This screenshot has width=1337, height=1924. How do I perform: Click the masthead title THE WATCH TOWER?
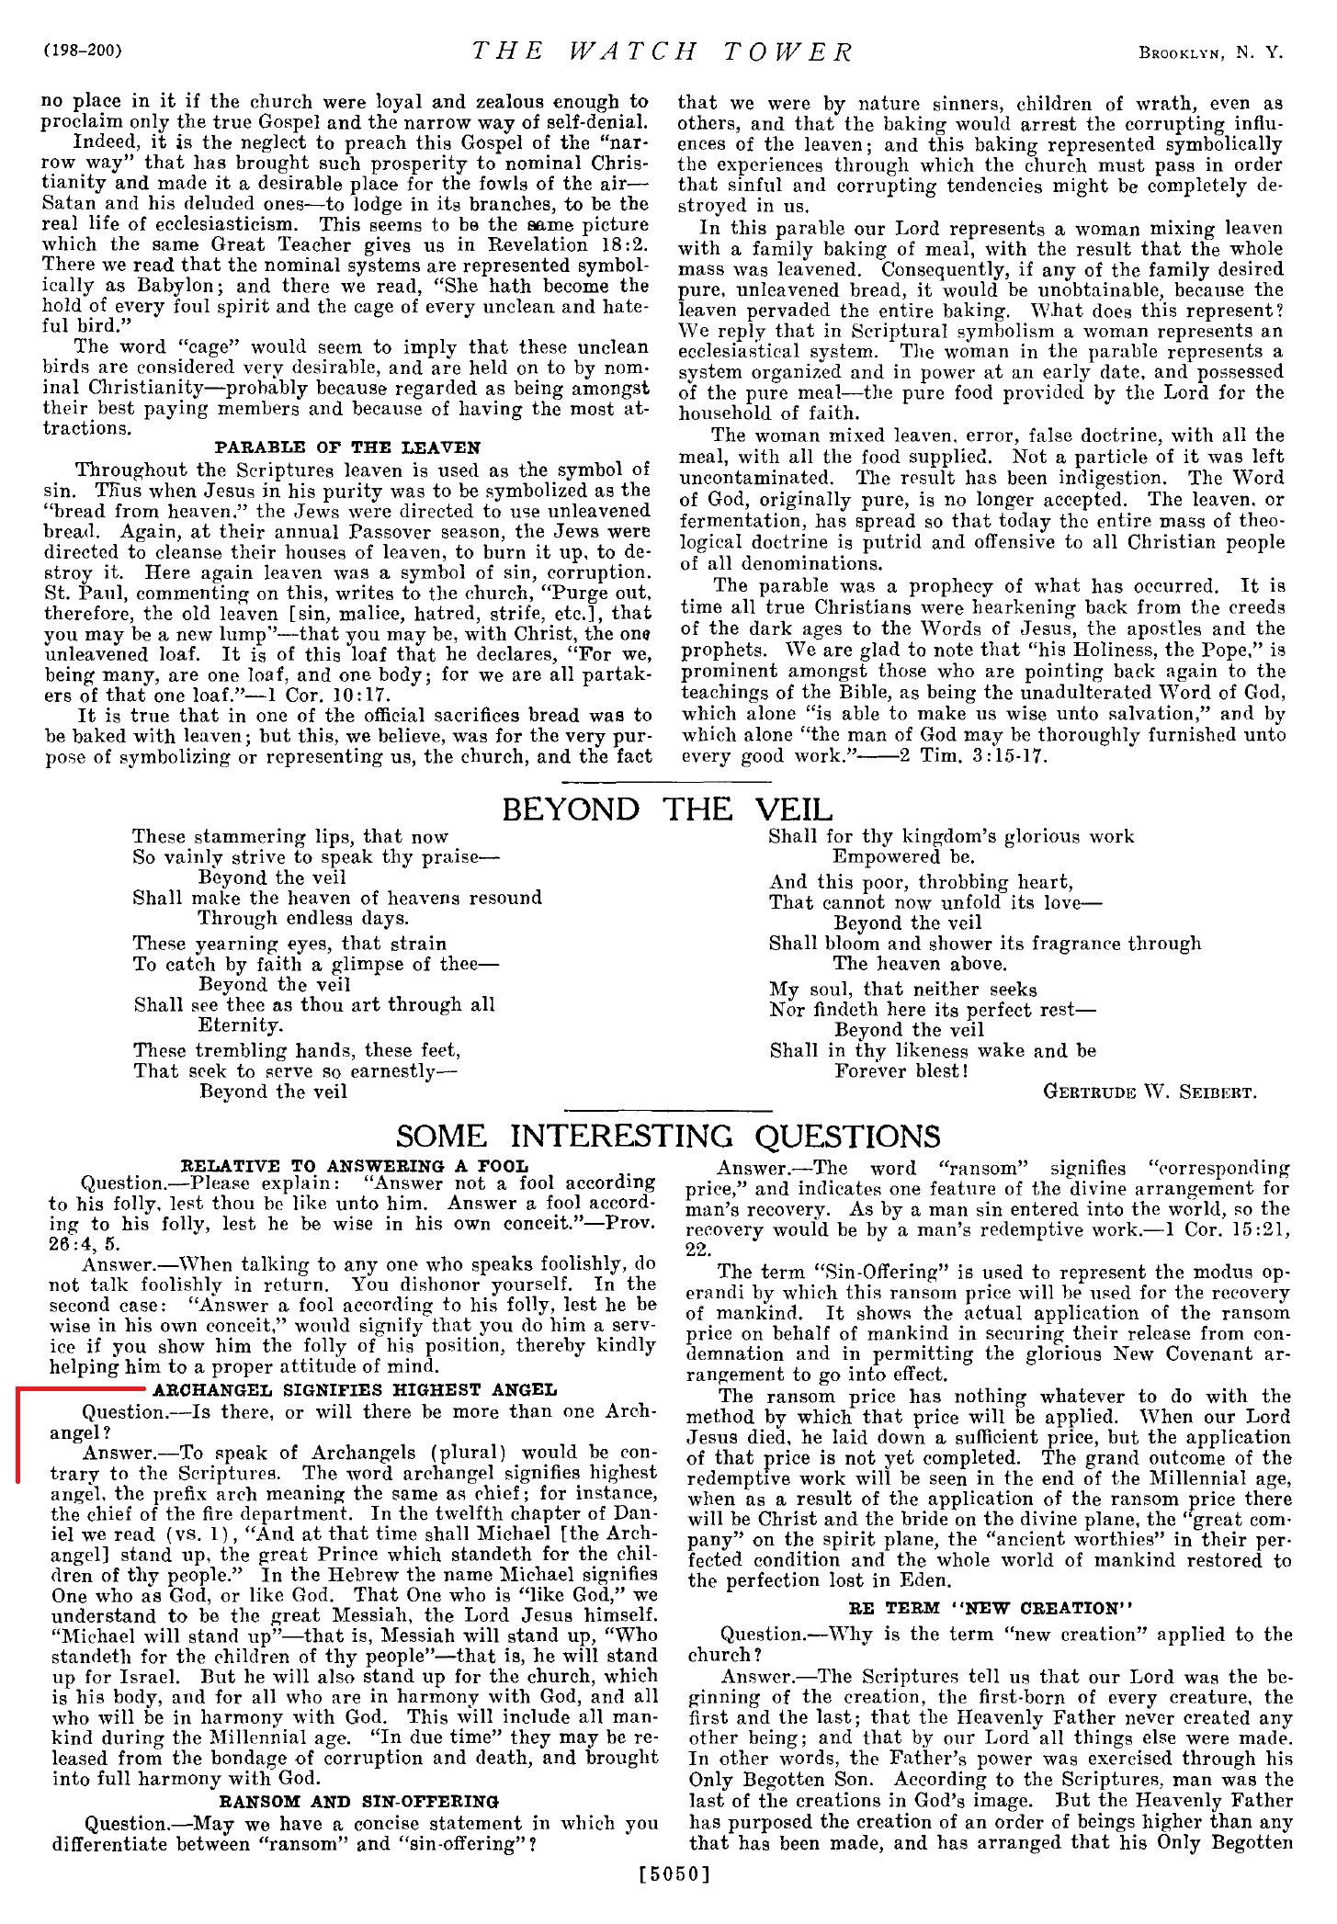click(663, 52)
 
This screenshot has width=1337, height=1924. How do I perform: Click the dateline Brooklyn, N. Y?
click(1210, 53)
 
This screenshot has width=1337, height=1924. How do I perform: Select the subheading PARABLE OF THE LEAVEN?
click(346, 448)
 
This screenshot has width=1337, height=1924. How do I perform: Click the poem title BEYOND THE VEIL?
click(667, 809)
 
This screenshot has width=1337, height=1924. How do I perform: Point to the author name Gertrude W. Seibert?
click(1150, 1092)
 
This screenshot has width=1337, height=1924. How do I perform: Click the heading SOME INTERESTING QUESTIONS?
click(668, 1136)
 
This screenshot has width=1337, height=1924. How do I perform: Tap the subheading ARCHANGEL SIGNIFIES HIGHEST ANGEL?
click(355, 1390)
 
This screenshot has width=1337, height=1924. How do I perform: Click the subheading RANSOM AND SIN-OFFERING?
click(359, 1802)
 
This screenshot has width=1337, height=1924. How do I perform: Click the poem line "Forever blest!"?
click(901, 1071)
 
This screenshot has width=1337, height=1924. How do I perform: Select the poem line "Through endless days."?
click(303, 919)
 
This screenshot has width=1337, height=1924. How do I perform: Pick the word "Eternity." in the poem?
click(241, 1025)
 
